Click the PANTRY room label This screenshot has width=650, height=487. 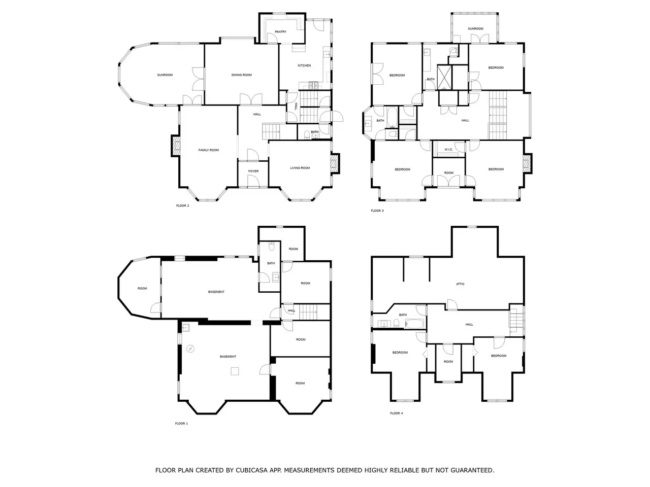280,31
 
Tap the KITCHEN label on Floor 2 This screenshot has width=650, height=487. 304,65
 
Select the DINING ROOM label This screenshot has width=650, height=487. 241,75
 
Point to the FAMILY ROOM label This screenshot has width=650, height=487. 209,150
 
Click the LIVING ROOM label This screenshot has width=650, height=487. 300,167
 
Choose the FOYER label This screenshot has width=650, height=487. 253,171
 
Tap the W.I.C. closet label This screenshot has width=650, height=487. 448,149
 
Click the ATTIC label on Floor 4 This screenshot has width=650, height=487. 460,284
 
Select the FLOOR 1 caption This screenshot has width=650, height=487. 181,423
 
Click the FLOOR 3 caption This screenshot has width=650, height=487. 377,211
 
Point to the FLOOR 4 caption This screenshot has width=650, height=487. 396,413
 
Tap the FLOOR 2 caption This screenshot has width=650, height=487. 182,205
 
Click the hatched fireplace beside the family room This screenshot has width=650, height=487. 176,146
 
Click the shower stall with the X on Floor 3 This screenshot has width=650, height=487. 444,78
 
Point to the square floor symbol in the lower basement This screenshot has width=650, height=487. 235,371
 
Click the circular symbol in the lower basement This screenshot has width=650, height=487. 190,349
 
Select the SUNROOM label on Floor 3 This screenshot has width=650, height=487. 475,29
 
